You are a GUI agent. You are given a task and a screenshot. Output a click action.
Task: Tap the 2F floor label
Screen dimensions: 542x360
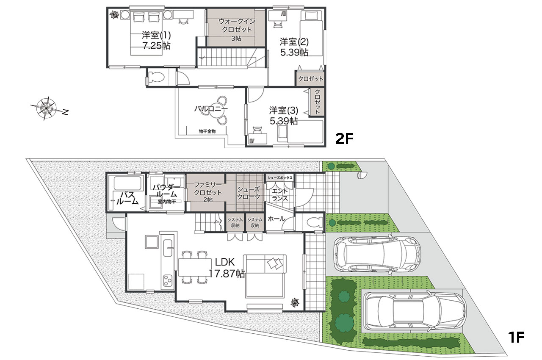click(344, 138)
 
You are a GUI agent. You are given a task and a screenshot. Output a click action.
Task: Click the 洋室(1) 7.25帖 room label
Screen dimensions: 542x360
click(156, 40)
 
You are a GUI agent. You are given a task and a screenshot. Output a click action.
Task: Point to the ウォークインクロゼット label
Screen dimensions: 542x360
click(237, 25)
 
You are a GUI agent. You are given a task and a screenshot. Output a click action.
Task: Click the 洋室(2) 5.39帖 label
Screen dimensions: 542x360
click(294, 47)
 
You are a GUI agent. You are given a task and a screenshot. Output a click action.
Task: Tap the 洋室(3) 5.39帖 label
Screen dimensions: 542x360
click(284, 116)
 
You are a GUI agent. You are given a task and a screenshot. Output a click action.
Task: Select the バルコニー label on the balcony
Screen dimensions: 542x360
click(211, 109)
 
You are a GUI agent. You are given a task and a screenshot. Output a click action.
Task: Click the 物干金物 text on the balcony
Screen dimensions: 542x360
click(207, 131)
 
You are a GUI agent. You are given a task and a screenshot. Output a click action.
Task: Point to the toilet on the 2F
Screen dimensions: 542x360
click(157, 77)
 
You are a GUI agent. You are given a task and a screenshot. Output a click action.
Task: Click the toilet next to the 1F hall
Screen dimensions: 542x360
click(314, 222)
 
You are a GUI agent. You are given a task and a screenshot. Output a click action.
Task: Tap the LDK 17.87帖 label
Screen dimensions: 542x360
click(226, 268)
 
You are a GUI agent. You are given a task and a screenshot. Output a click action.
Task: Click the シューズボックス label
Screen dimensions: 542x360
click(280, 178)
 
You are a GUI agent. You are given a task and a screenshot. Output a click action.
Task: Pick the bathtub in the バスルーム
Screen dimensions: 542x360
click(127, 183)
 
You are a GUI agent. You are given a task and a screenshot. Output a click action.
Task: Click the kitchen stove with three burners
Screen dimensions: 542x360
click(167, 280)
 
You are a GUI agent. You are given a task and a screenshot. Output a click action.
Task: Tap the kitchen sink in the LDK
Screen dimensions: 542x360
click(168, 248)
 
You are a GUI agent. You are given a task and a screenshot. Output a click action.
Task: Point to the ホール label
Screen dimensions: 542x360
click(277, 219)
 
